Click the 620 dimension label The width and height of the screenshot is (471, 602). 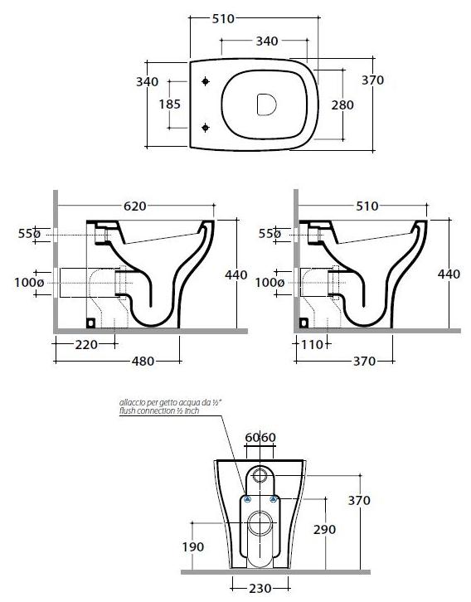pos(134,206)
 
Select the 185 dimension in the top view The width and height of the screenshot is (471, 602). pos(170,104)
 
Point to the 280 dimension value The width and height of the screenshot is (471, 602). pos(342,104)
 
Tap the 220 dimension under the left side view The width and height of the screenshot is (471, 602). pos(86,345)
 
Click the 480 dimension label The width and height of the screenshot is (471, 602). pos(143,362)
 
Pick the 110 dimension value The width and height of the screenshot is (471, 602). pos(312,345)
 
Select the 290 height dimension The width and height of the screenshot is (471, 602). pos(325,529)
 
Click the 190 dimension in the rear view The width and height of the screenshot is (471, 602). pos(192,546)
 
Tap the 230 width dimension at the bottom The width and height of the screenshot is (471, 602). pos(260,588)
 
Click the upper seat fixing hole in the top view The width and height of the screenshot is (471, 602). pos(206,81)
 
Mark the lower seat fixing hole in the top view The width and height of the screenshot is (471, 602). pos(206,128)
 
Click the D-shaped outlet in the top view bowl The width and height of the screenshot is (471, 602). pos(266,104)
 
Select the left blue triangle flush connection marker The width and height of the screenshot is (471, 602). pos(247,499)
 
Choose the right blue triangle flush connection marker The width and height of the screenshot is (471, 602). pos(274,499)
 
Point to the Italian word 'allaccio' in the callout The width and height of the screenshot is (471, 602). pos(130,403)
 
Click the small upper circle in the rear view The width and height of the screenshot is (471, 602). pos(260,475)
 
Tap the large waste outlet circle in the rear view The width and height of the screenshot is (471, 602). pos(260,523)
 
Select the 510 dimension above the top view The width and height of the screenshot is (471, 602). pos(223,18)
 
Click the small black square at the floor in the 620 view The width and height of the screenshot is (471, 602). pos(90,323)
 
